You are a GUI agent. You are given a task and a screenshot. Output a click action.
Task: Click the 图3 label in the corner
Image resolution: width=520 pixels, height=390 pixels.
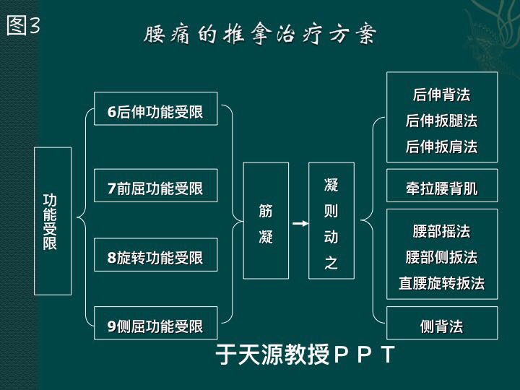(23, 25)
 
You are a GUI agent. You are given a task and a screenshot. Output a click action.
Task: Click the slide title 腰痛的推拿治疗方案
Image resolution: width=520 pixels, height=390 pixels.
(260, 34)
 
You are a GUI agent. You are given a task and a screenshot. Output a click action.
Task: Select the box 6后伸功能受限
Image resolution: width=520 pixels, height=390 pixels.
(155, 108)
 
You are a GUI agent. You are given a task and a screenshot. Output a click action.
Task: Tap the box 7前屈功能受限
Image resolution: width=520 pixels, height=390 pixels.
(155, 186)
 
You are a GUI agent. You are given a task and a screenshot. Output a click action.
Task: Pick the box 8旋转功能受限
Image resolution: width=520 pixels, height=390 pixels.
(155, 255)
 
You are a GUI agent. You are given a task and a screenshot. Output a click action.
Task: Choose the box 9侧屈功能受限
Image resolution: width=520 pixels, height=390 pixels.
(155, 323)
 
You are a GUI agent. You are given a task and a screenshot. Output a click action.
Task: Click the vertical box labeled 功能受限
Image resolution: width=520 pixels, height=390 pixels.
(53, 221)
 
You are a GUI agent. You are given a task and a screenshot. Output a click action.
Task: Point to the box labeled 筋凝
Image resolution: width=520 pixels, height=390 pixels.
(266, 220)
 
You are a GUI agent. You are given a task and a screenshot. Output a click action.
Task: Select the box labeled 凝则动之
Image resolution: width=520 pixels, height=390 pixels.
(331, 220)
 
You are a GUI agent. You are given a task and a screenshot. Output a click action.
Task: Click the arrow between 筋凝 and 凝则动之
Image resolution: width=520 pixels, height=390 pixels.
(300, 223)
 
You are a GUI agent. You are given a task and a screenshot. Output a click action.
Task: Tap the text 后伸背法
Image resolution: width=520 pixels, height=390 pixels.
(441, 95)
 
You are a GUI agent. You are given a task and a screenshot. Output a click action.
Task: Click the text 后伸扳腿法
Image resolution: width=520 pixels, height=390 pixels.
(441, 121)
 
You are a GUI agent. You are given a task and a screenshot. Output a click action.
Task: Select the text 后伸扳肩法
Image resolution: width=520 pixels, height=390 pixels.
(441, 147)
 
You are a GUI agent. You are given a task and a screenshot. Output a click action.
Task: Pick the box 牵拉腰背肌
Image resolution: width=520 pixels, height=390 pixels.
(442, 186)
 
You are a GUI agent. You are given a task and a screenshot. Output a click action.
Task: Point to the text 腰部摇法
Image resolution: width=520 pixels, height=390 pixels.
(441, 231)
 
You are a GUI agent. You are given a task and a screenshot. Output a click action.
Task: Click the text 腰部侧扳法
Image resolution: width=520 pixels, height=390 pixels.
(441, 257)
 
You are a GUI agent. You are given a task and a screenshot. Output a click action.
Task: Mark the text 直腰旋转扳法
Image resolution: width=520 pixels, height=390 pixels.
(441, 283)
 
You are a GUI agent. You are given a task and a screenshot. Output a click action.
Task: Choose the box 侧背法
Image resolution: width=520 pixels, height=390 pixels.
(442, 323)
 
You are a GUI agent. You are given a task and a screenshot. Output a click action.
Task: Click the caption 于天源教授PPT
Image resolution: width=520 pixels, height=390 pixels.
(305, 354)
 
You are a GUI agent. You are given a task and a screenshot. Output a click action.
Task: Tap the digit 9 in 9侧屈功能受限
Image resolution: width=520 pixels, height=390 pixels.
(112, 326)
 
